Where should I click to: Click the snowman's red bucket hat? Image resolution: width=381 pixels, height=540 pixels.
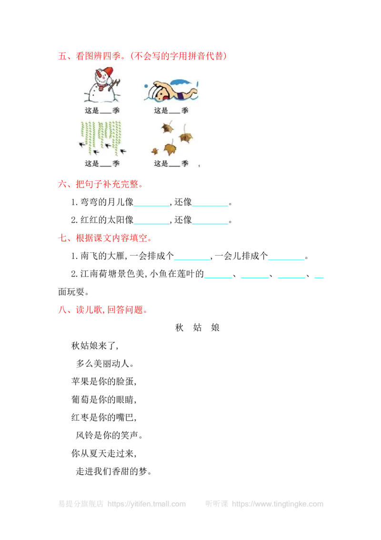point(107,72)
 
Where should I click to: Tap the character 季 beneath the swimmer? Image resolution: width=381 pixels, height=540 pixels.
point(185,110)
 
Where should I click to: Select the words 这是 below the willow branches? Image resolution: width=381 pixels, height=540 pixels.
point(92,163)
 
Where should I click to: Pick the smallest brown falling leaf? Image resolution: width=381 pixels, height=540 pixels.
point(155,151)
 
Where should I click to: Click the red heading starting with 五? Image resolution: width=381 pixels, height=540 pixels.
point(142,56)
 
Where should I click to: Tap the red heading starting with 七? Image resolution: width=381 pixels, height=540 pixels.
point(104,239)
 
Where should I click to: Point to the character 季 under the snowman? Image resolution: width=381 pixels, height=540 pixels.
point(116,110)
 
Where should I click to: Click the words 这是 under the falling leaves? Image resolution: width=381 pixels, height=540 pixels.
point(160,163)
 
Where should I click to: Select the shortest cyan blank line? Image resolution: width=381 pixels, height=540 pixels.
point(318,277)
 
